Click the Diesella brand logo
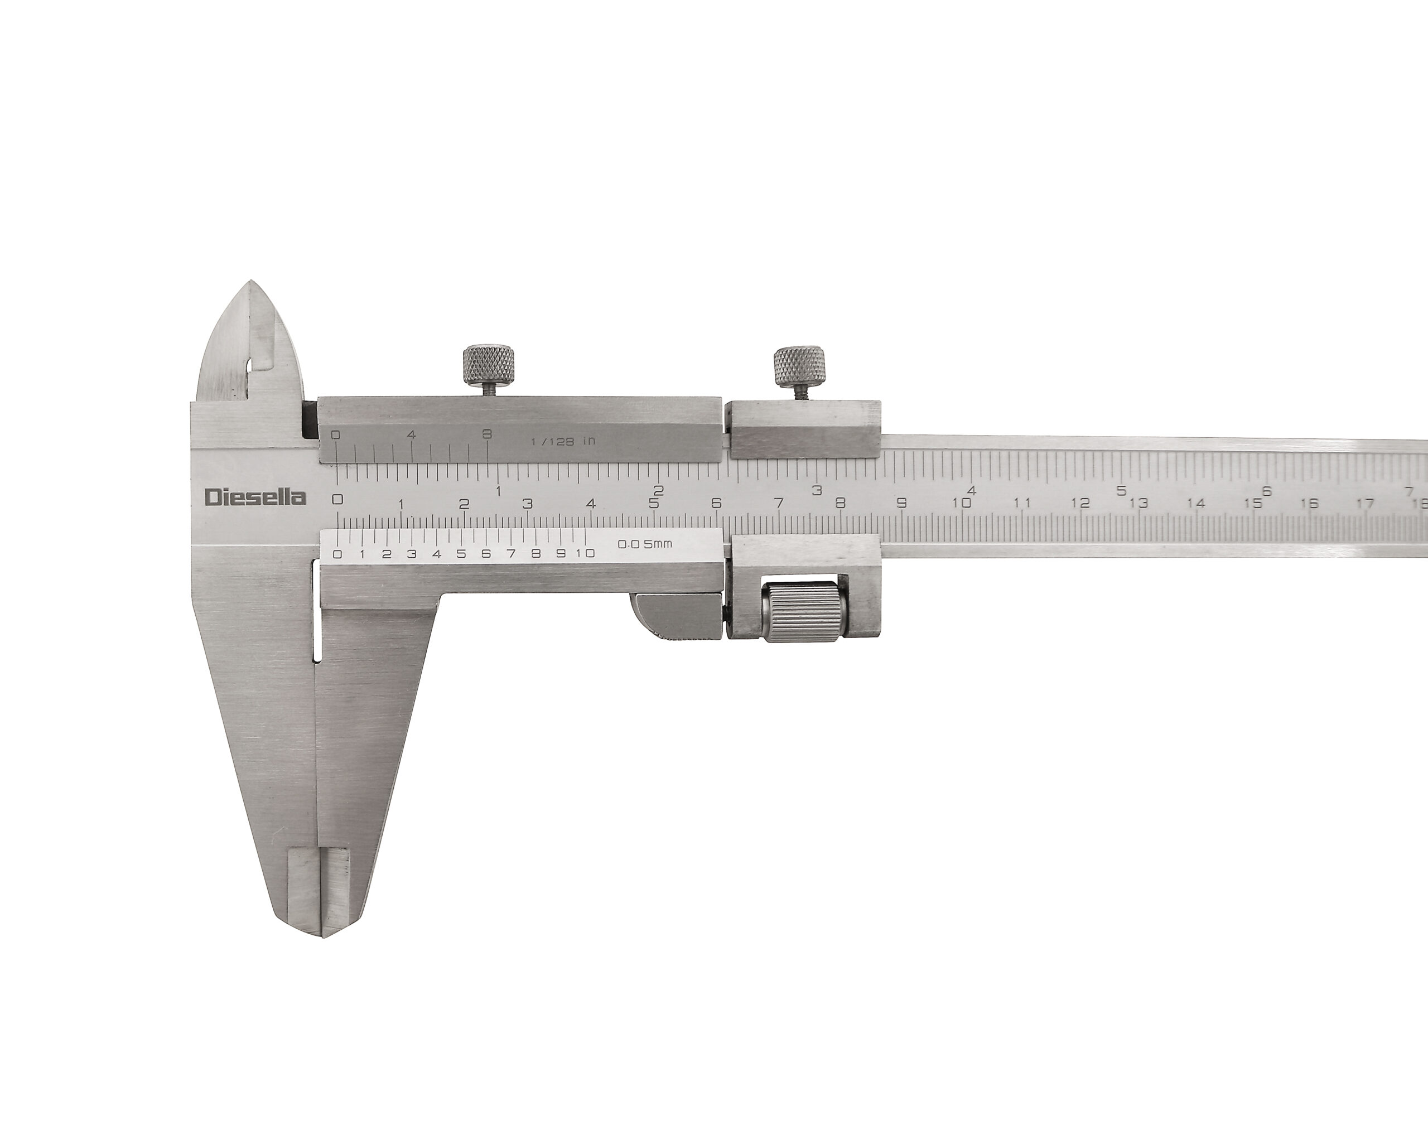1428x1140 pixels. (x=255, y=497)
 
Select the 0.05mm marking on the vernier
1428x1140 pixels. (x=644, y=544)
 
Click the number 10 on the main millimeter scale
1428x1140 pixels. (x=962, y=503)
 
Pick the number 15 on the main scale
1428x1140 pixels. (x=1252, y=503)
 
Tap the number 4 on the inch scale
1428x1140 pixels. (x=972, y=491)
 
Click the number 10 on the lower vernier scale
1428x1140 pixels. (x=586, y=553)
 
